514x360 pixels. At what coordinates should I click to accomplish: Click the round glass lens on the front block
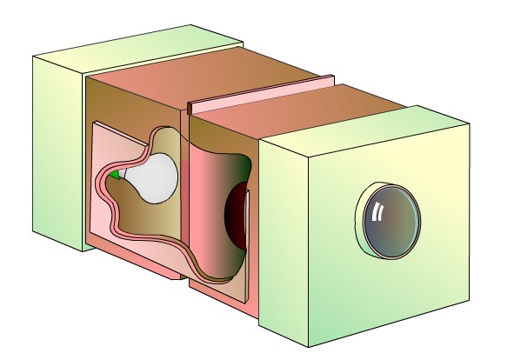(x=390, y=221)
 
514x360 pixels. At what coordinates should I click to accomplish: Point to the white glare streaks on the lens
(x=377, y=211)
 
